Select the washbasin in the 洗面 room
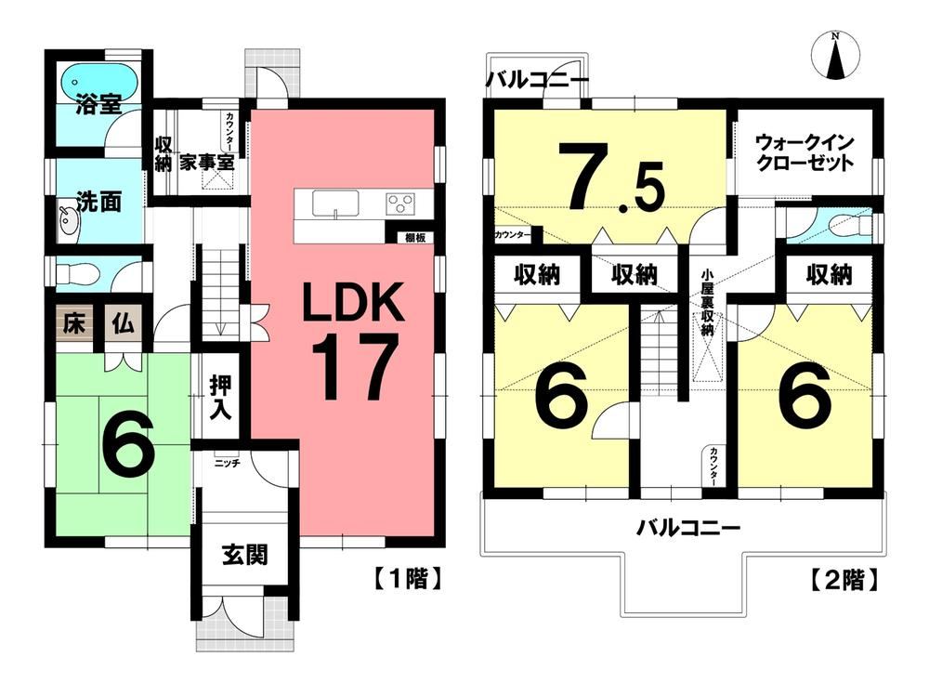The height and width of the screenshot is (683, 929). point(68,221)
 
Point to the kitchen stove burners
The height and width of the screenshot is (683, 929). point(401,203)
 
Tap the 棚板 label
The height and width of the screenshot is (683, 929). point(415,237)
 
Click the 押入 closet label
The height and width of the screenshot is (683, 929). point(221,399)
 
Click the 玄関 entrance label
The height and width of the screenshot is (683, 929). point(245,555)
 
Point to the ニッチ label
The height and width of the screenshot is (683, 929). point(228,462)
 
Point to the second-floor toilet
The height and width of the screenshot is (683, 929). point(845,224)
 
